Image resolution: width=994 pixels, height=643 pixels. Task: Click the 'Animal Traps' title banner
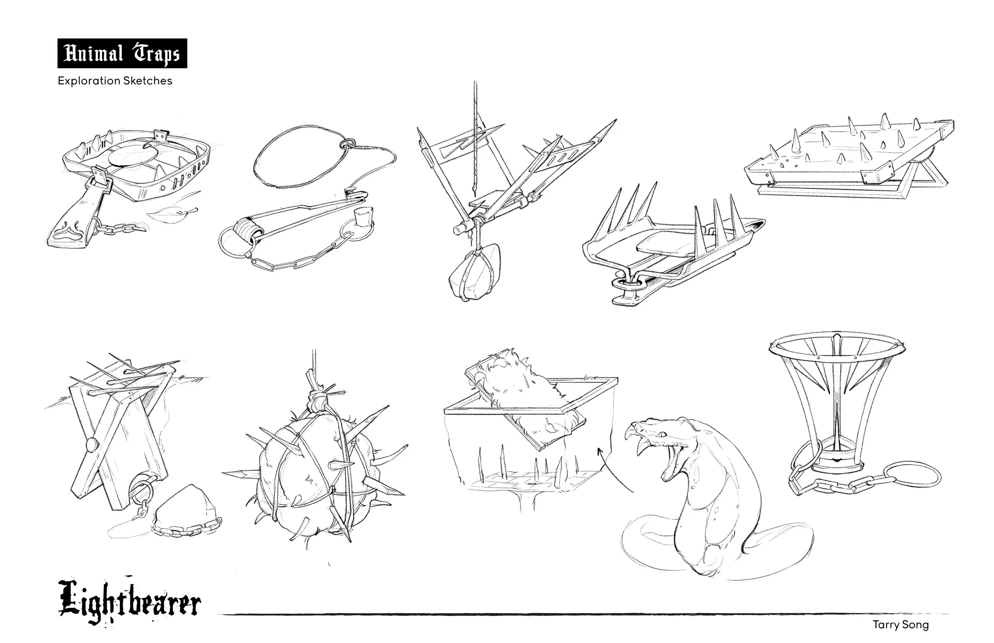(x=122, y=53)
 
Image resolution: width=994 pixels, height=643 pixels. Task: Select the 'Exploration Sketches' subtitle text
(x=115, y=81)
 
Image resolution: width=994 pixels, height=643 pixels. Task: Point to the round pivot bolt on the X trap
(x=91, y=444)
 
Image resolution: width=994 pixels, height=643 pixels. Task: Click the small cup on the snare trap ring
(x=361, y=217)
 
